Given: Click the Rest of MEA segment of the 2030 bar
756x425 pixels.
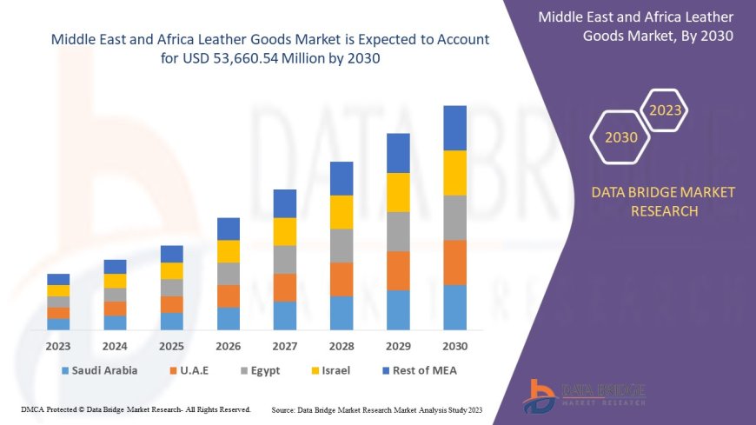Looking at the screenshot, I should point(454,128).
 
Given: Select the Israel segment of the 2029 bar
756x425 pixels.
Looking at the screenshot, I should point(398,192).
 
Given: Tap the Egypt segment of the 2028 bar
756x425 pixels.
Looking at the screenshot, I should point(342,245).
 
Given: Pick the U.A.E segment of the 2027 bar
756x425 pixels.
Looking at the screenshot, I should point(285,287).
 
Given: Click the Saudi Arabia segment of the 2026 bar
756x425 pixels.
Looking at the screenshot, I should point(229,318).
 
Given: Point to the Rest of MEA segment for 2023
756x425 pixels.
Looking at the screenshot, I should point(58,279).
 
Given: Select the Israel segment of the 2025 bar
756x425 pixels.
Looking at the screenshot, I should point(172,270).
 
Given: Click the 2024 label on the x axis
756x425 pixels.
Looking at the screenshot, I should point(115,346).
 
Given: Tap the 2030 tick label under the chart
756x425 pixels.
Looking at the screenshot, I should point(454,346).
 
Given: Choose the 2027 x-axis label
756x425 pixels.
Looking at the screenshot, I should point(285,346).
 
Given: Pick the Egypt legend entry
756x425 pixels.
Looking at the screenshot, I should point(258,370).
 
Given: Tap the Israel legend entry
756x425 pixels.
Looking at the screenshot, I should point(330,370).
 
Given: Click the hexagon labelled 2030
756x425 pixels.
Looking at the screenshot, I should point(620,137).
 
